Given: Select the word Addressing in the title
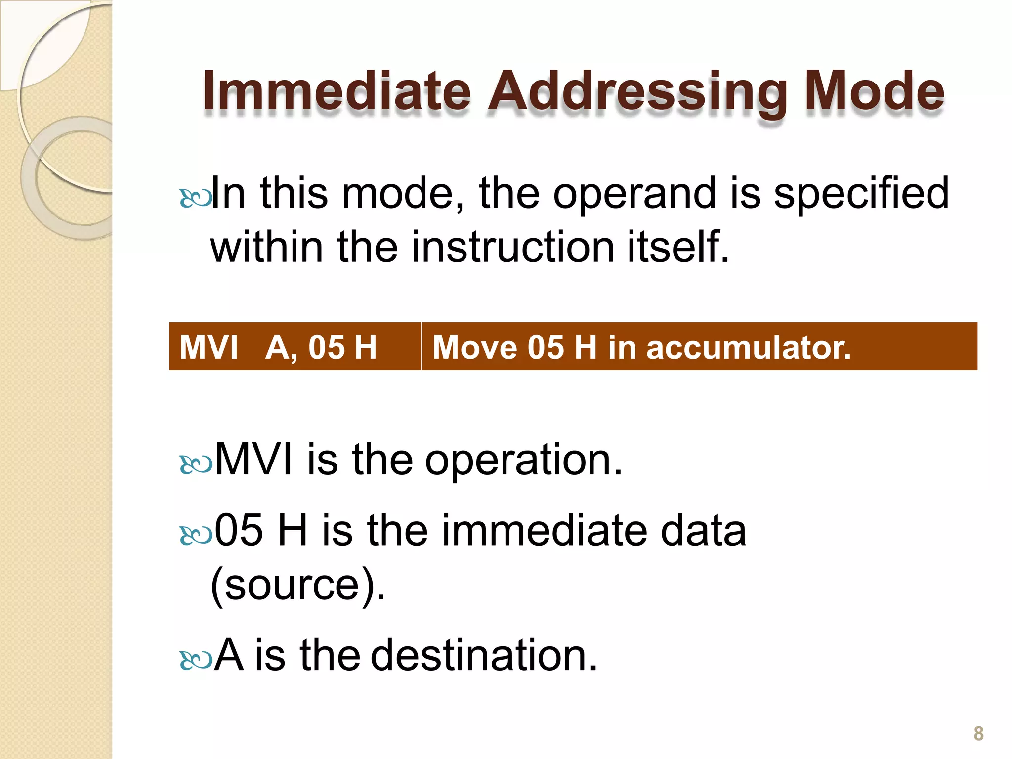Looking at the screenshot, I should click(x=637, y=93).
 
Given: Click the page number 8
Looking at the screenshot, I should click(x=978, y=733).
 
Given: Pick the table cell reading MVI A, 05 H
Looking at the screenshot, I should click(x=295, y=346).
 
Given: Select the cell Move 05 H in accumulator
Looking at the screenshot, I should click(x=699, y=346).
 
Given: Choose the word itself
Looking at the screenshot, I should click(x=678, y=247).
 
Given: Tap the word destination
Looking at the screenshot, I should click(x=484, y=655).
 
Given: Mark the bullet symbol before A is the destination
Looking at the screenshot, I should click(x=196, y=660).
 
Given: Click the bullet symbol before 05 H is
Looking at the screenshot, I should click(x=196, y=535).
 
